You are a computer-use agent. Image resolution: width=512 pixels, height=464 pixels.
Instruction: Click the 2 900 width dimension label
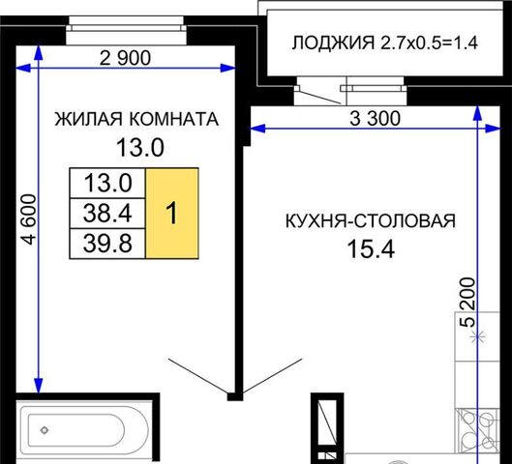tap(125, 58)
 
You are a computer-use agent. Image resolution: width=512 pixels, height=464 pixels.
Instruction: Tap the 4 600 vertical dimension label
tap(28, 219)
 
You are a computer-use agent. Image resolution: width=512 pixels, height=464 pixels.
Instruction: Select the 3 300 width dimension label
tap(375, 118)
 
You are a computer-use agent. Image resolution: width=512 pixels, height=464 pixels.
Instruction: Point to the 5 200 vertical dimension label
tap(467, 302)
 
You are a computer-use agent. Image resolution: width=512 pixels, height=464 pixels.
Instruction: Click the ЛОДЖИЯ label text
tap(333, 43)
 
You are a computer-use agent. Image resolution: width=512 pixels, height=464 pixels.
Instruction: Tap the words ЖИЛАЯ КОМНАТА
tap(136, 119)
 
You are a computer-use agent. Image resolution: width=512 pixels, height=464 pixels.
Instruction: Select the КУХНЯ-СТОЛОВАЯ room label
tap(371, 220)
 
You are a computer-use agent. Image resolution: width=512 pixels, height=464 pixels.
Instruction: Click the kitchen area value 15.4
tap(371, 248)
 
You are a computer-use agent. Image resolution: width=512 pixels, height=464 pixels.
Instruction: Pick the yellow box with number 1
tap(171, 214)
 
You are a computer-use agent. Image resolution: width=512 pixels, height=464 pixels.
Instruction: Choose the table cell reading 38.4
tap(107, 213)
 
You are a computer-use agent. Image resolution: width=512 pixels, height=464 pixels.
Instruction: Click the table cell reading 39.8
tap(107, 244)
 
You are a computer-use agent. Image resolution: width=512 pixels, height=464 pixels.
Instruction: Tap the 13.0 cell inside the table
tap(107, 183)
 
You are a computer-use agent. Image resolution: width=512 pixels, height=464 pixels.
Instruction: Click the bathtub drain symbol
tap(45, 430)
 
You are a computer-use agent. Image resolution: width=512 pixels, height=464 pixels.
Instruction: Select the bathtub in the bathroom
tap(84, 430)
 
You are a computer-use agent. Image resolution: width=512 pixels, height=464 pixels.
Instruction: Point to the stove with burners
tap(477, 430)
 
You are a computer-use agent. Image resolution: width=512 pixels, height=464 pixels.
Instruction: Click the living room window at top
tap(126, 30)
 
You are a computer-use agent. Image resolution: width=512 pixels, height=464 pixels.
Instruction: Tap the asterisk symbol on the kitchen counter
tap(477, 336)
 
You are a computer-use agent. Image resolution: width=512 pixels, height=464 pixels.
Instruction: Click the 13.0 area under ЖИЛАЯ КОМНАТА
tap(140, 147)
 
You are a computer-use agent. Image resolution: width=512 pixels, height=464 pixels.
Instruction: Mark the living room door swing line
tap(198, 376)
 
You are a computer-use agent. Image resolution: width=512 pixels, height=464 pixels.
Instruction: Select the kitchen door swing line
tap(273, 376)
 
